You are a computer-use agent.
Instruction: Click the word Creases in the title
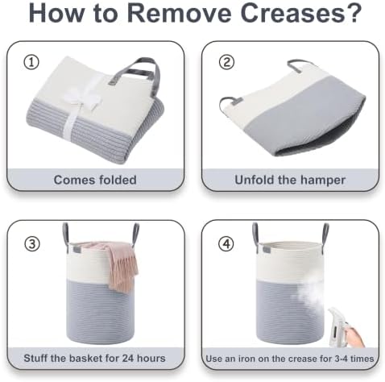click(x=292, y=13)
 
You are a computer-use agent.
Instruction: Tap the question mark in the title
click(x=354, y=12)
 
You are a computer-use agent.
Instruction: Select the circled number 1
click(x=31, y=62)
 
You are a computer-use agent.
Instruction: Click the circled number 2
click(x=226, y=62)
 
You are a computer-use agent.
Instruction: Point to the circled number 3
click(x=32, y=244)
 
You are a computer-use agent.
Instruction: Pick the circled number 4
click(x=227, y=244)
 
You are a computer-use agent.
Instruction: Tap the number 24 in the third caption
click(x=128, y=358)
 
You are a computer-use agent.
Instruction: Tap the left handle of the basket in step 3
click(x=66, y=234)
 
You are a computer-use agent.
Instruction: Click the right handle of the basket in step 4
click(x=325, y=234)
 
